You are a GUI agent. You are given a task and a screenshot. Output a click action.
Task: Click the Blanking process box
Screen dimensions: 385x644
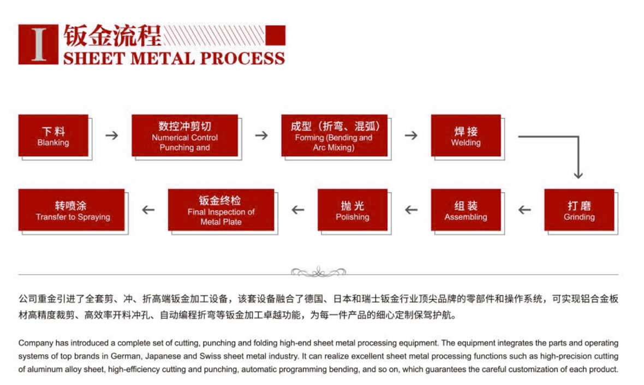tap(53, 135)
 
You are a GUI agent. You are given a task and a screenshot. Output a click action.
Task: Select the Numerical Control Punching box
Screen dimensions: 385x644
tap(184, 135)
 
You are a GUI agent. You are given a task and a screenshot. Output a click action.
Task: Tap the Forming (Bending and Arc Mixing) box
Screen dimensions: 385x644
tap(334, 135)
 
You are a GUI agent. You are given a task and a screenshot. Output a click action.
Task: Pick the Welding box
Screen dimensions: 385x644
tap(466, 135)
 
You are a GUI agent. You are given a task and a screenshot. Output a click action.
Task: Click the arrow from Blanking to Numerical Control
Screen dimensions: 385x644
tap(111, 135)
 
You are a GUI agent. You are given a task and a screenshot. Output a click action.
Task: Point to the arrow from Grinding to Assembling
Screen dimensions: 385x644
tap(524, 210)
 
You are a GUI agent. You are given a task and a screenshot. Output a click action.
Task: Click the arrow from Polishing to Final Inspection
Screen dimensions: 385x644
tap(297, 210)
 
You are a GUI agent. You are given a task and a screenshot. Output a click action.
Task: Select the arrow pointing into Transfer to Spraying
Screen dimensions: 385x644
tap(148, 210)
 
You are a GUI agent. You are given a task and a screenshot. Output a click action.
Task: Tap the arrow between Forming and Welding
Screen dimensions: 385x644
tap(411, 135)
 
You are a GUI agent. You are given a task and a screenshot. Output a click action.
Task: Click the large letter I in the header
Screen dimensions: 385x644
tap(38, 44)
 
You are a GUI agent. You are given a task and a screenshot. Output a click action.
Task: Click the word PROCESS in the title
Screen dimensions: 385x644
tap(241, 58)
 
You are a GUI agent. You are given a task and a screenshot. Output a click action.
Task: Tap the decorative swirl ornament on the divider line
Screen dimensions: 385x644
tap(318, 271)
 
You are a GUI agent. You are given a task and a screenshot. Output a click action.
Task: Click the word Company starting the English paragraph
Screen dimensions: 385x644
tap(36, 343)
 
